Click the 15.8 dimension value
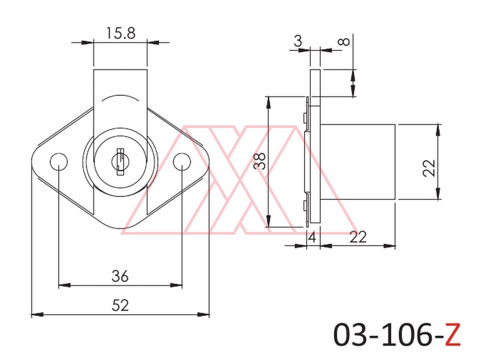121,33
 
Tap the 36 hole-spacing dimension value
120,276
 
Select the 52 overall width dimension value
121,305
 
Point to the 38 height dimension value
260,161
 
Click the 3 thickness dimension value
298,41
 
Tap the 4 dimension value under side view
312,237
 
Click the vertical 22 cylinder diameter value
429,168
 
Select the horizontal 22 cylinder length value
358,237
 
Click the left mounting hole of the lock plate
59,162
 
